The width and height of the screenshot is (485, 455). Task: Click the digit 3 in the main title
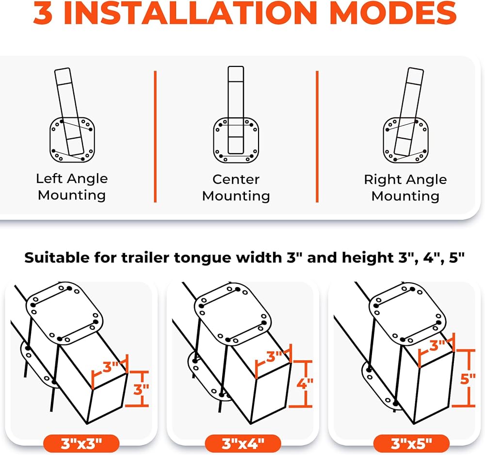43,13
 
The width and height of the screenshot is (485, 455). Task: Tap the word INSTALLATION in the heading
190,13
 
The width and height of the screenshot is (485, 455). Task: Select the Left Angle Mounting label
72,187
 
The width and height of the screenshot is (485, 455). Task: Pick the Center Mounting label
236,187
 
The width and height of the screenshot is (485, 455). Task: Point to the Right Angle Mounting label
405,187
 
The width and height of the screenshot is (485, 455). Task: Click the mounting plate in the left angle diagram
72,140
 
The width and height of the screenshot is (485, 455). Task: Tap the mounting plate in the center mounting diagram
236,140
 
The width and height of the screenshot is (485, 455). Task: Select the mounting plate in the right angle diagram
406,140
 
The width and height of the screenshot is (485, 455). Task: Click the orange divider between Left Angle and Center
155,136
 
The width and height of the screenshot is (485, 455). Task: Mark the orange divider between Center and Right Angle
317,136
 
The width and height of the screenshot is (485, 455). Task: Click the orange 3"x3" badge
81,443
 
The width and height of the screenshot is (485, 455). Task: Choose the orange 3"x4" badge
243,443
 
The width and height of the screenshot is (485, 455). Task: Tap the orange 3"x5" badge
411,443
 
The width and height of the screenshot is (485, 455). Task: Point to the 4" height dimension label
305,384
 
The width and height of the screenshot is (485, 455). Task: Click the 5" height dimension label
468,378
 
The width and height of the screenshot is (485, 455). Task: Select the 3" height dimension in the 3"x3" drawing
141,390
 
